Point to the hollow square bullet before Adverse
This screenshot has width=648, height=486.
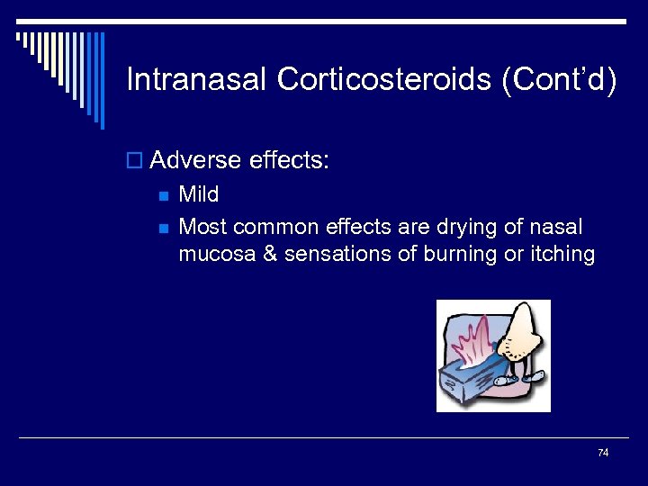(135, 162)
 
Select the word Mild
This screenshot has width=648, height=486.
(198, 194)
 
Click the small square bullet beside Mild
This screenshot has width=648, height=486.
(163, 195)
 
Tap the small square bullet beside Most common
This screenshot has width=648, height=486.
(163, 228)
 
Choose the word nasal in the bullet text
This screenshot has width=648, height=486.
(556, 227)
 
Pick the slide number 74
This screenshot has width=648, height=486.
(603, 453)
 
